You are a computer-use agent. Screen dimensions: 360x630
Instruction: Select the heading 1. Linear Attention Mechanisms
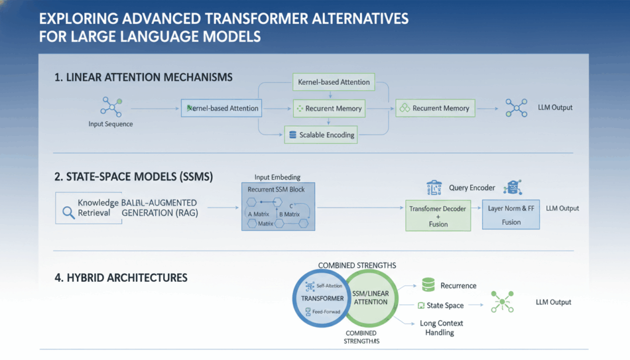pos(143,78)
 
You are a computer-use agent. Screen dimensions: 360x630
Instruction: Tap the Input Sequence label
pos(111,124)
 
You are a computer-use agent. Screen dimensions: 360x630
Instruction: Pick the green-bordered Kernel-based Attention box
pos(333,82)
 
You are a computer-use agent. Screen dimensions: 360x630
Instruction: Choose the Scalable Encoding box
pos(321,135)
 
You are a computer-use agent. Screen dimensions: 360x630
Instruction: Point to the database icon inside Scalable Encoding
pos(293,135)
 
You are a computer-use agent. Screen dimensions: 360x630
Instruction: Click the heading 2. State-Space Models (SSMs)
pos(134,177)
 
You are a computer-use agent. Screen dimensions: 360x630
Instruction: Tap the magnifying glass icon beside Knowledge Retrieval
pos(68,212)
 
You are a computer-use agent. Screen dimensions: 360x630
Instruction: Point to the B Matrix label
pos(289,214)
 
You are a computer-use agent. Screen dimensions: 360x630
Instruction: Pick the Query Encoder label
pos(473,188)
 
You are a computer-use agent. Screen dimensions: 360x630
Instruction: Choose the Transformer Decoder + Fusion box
pos(437,215)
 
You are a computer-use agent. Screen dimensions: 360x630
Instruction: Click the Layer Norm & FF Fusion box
pos(511,215)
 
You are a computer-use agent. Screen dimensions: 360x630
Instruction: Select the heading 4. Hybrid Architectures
pos(121,278)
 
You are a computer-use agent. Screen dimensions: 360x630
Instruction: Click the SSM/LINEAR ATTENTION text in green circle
pos(370,297)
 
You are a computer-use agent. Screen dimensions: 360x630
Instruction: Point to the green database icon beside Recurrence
pos(428,285)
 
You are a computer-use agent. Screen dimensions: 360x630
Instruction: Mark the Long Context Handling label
pos(441,327)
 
